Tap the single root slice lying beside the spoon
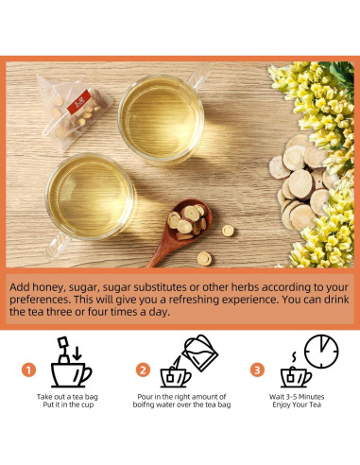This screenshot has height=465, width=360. (x=229, y=231)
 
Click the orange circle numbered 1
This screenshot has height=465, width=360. (x=29, y=370)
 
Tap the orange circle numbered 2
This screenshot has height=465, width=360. (x=144, y=370)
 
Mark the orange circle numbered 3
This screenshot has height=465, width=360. (x=257, y=370)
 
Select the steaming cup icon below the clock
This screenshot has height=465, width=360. (x=295, y=373)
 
